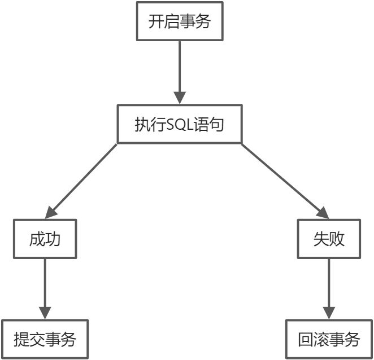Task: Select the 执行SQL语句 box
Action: tap(180, 124)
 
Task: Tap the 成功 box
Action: tap(45, 239)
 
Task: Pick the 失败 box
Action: tap(329, 239)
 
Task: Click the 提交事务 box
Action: tap(45, 340)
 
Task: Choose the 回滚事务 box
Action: tap(329, 340)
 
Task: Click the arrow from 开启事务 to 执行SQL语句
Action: tap(180, 68)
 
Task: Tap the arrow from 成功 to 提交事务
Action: tap(45, 285)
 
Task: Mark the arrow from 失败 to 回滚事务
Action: tap(329, 285)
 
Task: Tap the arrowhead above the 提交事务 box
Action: tap(45, 313)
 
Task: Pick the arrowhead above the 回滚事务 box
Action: tap(329, 313)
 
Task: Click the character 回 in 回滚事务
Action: tap(305, 340)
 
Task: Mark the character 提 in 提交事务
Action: tap(21, 340)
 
